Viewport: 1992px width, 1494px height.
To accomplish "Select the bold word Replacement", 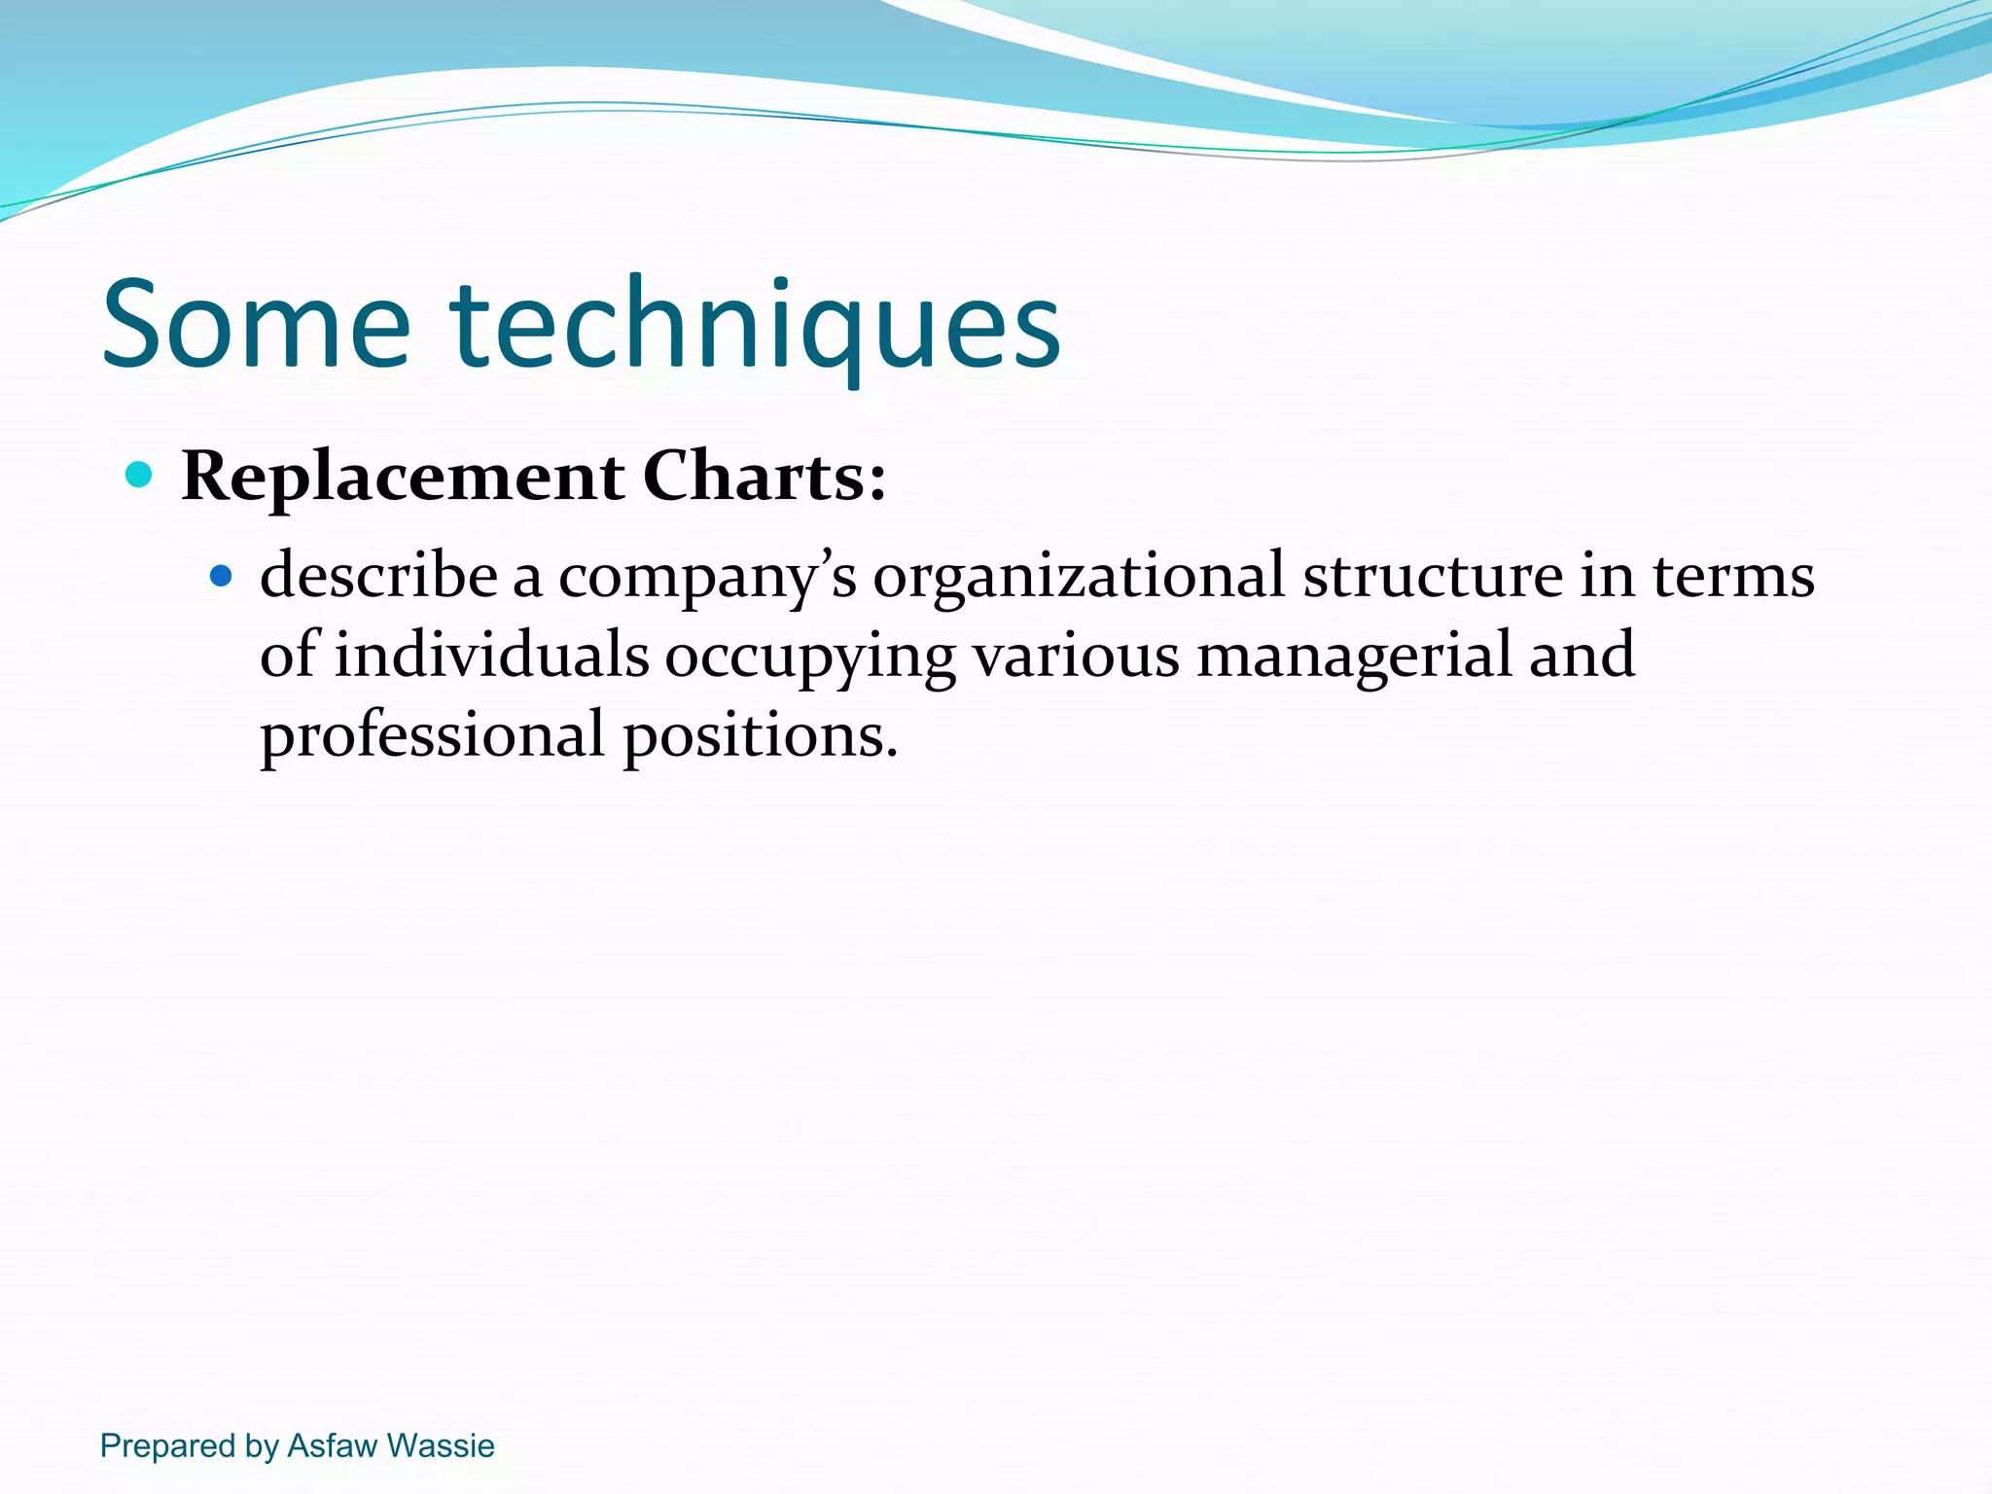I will [x=403, y=477].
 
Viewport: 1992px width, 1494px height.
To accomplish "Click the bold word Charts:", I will [x=765, y=477].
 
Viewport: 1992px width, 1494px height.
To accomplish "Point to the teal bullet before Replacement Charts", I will [x=140, y=475].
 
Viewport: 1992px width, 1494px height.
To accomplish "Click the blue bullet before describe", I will [x=222, y=576].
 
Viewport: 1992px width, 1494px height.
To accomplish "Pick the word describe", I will [x=378, y=576].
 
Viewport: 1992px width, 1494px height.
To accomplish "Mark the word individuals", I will [x=491, y=655].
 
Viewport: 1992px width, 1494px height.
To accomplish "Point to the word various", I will [x=1076, y=655].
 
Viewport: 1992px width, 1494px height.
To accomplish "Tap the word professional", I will [x=432, y=736].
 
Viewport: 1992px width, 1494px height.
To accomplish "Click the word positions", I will [x=760, y=736].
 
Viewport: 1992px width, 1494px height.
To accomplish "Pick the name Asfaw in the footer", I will [x=331, y=1445].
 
